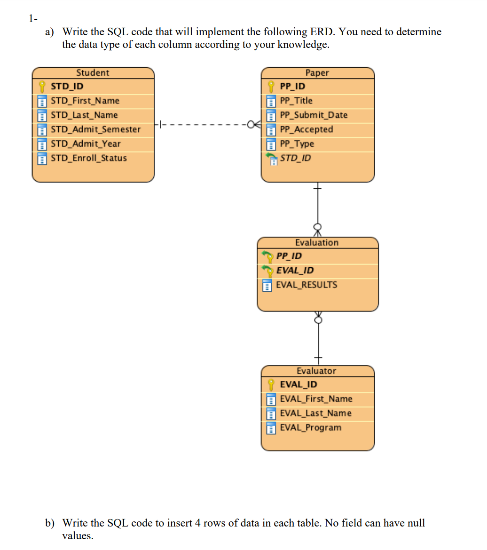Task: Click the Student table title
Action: tap(93, 73)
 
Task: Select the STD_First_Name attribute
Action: tap(85, 101)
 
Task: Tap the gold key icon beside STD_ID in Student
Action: tap(42, 86)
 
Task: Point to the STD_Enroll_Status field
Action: tap(88, 158)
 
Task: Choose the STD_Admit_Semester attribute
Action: tap(95, 129)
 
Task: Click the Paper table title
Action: tap(317, 73)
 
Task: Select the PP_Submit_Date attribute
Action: tap(314, 115)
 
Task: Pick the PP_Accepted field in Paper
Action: tap(306, 129)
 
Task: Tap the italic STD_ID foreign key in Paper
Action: tap(295, 158)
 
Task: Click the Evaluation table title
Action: tap(317, 243)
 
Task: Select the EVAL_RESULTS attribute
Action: tap(306, 285)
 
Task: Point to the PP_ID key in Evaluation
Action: tap(289, 256)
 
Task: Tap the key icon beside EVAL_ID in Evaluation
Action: tap(267, 271)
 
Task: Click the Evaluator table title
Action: tap(316, 371)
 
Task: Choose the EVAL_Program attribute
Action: tap(310, 427)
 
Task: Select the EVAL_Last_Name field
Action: tap(315, 413)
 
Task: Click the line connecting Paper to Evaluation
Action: tap(318, 207)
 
